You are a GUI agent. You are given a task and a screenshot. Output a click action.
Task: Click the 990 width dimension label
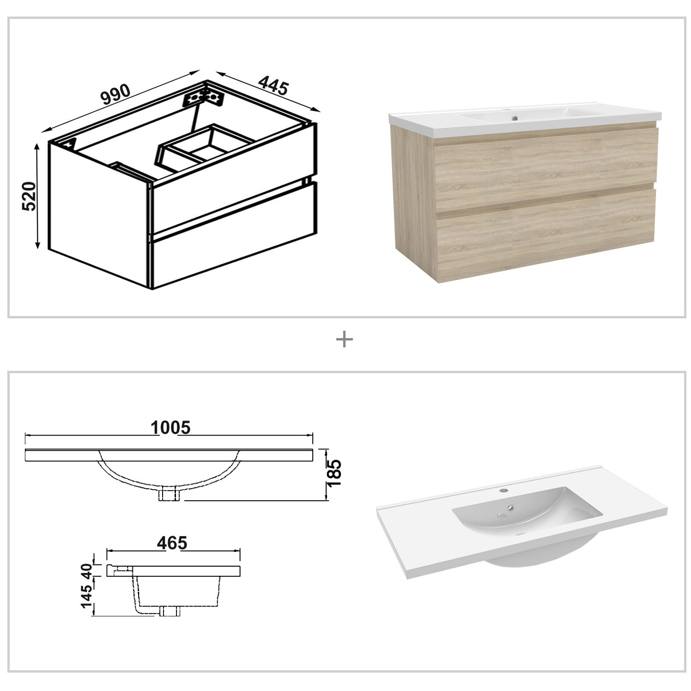click(x=115, y=96)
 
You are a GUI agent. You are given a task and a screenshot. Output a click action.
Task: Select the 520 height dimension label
click(x=28, y=196)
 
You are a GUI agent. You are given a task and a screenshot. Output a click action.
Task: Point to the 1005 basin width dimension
click(x=170, y=427)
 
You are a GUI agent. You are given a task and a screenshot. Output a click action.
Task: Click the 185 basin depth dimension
click(x=335, y=473)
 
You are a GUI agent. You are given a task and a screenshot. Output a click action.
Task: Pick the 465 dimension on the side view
click(x=171, y=543)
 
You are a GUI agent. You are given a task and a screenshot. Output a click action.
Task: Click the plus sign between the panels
click(x=345, y=340)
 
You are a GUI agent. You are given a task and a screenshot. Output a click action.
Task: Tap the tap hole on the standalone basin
click(x=504, y=490)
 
